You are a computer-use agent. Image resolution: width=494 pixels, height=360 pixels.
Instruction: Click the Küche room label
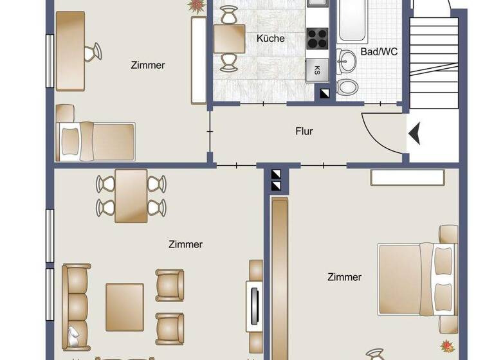[x=270, y=39]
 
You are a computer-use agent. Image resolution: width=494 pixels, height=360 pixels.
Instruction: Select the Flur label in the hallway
[x=304, y=131]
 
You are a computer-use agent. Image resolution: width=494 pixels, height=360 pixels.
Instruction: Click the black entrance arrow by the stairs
[x=415, y=133]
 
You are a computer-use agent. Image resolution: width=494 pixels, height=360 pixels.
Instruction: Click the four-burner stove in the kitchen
[x=317, y=39]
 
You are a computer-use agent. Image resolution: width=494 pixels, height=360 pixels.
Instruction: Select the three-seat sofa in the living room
[x=76, y=302]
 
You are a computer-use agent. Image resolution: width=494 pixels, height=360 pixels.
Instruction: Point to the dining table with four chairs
[x=131, y=195]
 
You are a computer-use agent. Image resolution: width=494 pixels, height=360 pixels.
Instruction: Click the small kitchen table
[x=229, y=39]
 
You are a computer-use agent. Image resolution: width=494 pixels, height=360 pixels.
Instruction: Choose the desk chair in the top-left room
[x=93, y=51]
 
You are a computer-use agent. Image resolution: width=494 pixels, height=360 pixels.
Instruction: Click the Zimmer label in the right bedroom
[x=344, y=277]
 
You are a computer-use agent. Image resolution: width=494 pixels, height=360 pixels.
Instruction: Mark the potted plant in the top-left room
[x=196, y=5]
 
